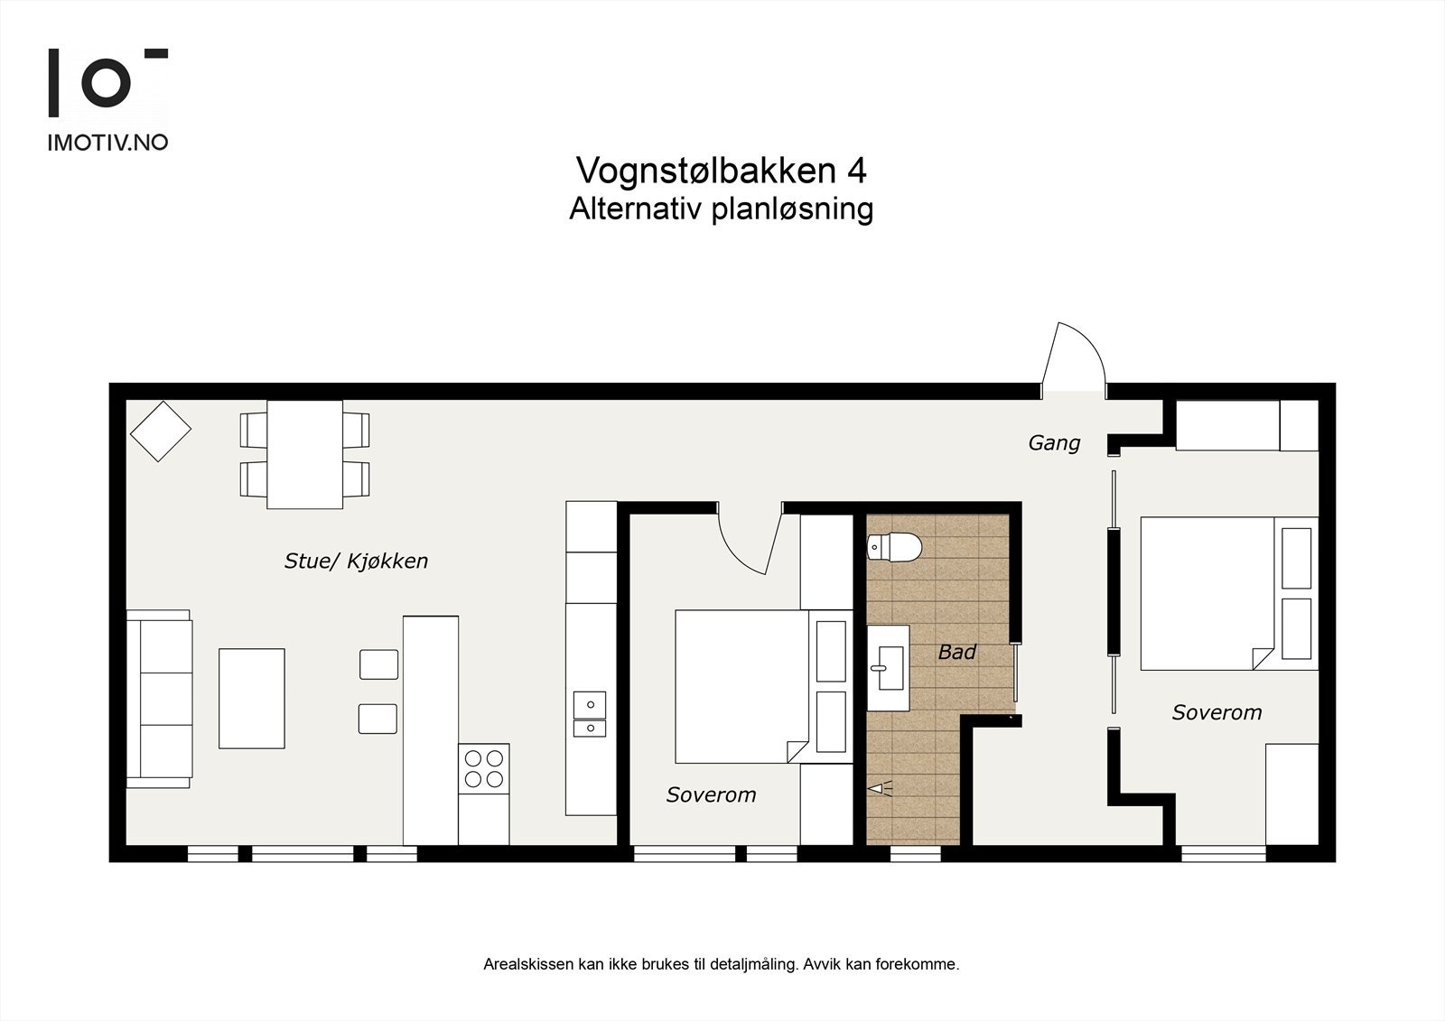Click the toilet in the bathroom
[x=894, y=547]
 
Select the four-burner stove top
[x=483, y=768]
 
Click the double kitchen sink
[x=589, y=714]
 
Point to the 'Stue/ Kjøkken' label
[x=356, y=561]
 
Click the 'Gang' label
[x=1054, y=443]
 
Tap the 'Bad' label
[x=956, y=652]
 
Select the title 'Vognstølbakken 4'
[x=721, y=170]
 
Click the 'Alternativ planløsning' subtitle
[x=721, y=209]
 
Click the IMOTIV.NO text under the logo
[x=107, y=142]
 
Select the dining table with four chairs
[x=305, y=454]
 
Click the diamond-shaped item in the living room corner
[x=161, y=432]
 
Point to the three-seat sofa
[x=159, y=698]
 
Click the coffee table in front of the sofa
[x=252, y=698]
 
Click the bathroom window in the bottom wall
[x=915, y=853]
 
